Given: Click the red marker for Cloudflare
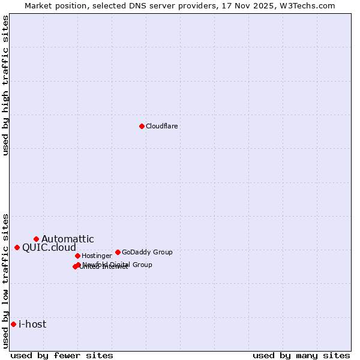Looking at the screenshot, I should coord(142,126).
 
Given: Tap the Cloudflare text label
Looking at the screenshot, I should coord(161,126).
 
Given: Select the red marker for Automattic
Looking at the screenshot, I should coord(36,239).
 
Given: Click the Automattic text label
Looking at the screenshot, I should coord(67,239).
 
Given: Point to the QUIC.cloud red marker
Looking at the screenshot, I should coord(17,247).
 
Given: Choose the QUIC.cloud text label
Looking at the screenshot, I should coord(49,248).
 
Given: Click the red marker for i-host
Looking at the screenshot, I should coord(13,324).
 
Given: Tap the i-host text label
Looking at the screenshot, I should coord(32,325).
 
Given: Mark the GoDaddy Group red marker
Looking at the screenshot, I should coord(118,252).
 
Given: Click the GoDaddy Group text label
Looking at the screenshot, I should coord(147,252).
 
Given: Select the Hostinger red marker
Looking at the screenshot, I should coord(77,256).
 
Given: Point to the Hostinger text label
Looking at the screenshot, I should coord(97,256).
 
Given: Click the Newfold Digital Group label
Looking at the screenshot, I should coord(118,265).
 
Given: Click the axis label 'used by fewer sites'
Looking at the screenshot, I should coord(62,355).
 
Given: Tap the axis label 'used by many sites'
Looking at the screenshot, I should coord(301,355).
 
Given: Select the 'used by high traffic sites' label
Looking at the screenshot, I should coord(6,85).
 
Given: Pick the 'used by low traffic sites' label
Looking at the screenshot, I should coord(6,281).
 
